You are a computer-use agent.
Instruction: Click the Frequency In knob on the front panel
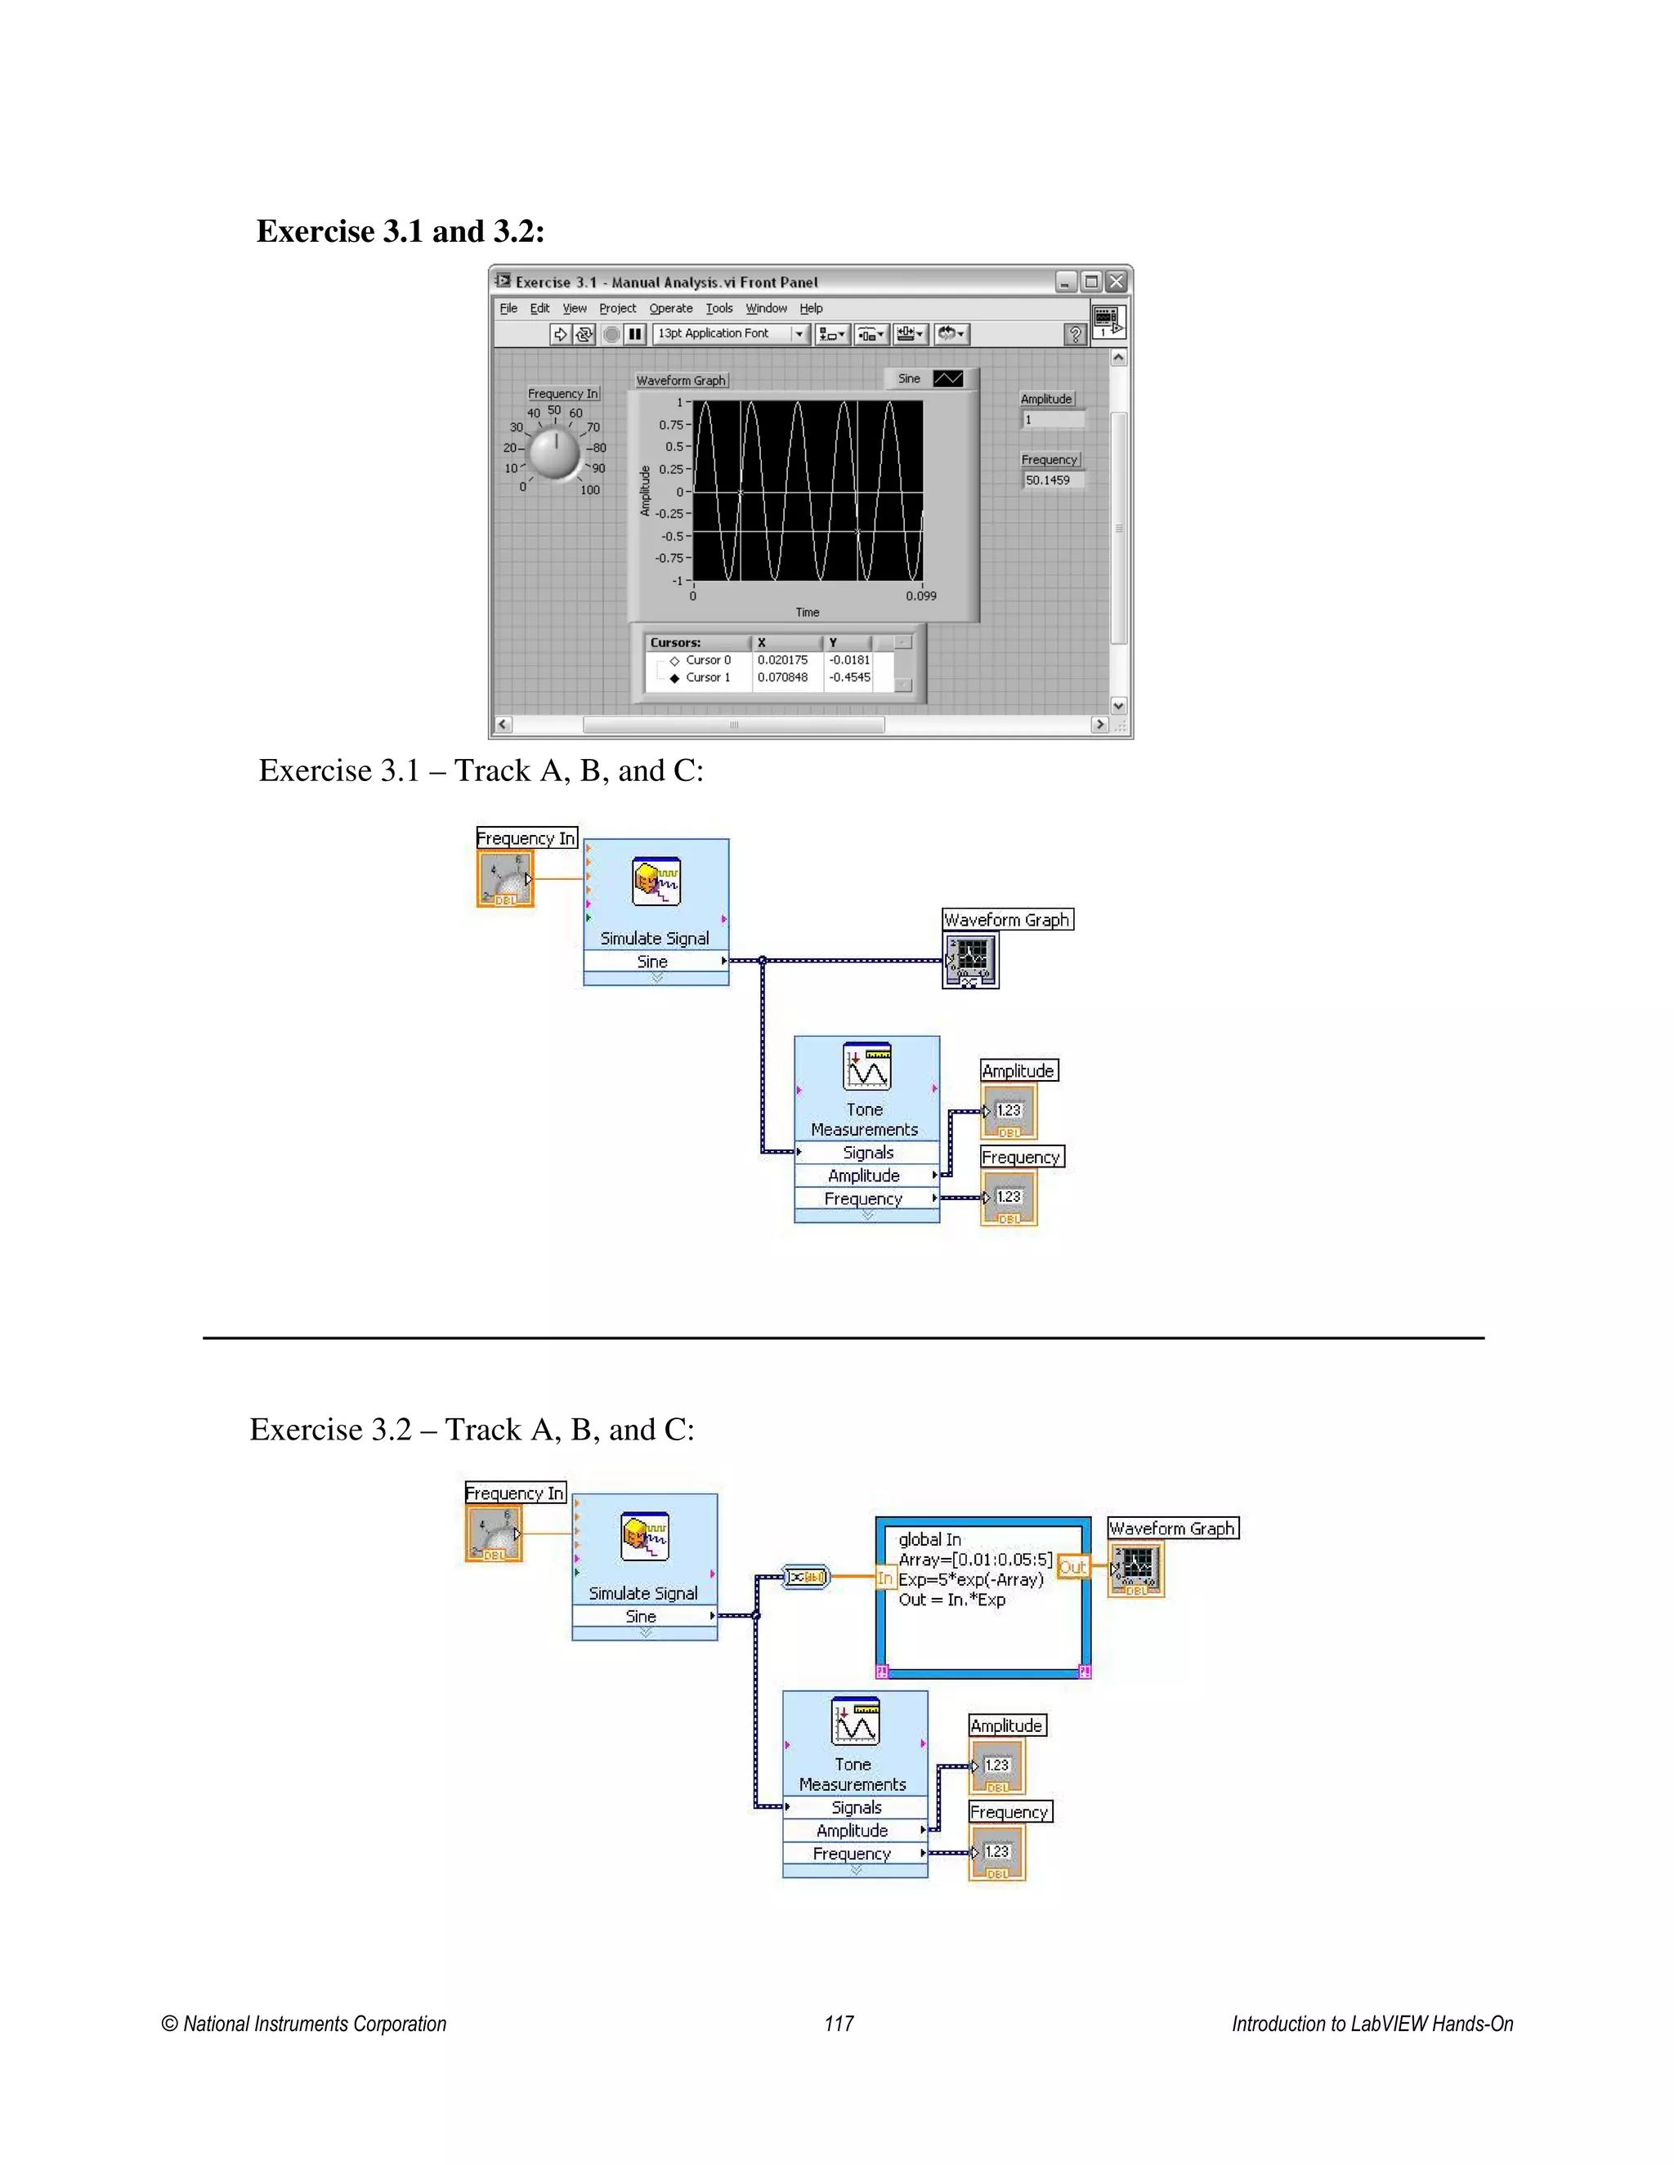tap(554, 454)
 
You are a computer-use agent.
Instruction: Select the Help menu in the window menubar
tap(811, 308)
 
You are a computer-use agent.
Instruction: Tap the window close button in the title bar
tap(1117, 282)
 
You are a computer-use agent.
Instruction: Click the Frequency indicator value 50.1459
tap(1051, 480)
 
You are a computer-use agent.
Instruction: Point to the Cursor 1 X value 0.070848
tap(782, 678)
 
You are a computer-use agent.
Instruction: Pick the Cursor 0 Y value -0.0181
tap(850, 660)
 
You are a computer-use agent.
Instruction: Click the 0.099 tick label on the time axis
tap(920, 596)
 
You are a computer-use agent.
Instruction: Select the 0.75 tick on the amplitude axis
tap(670, 424)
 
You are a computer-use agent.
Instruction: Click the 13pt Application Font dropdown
tap(730, 334)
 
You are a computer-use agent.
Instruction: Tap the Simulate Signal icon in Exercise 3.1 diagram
tap(656, 882)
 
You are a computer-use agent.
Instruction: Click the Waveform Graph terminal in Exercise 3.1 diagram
tap(970, 961)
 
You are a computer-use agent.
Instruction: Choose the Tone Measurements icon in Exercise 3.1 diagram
tap(866, 1067)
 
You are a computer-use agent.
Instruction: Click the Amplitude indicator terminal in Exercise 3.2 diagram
tap(996, 1765)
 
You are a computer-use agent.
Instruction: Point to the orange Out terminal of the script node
tap(1072, 1567)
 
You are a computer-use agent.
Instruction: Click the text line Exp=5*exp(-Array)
tap(971, 1579)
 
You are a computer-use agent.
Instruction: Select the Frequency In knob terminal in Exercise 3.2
tap(494, 1534)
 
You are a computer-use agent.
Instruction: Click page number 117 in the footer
tap(838, 2023)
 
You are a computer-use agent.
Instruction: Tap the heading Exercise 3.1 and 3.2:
tap(401, 231)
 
